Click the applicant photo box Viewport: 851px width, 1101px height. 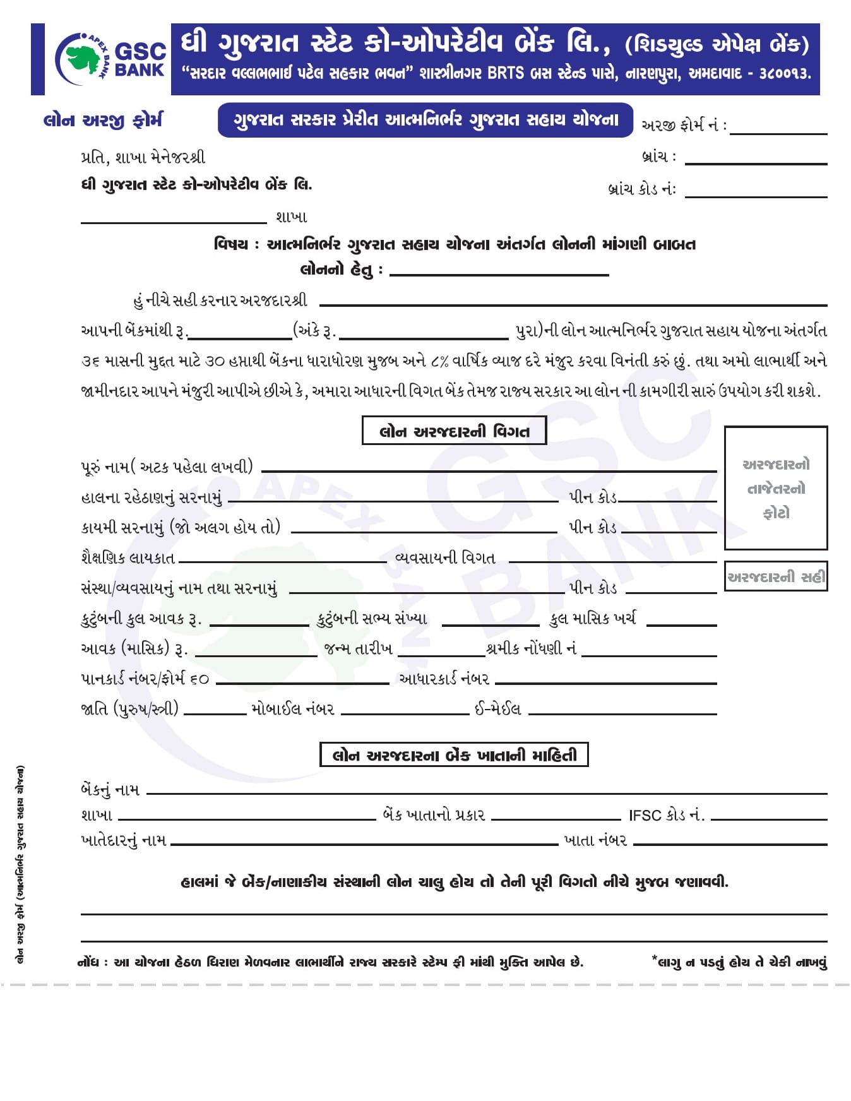click(x=775, y=487)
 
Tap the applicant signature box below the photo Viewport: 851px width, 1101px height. click(x=775, y=576)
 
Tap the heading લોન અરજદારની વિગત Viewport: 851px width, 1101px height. click(x=454, y=431)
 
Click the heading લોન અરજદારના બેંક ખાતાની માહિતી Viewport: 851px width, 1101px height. click(x=454, y=755)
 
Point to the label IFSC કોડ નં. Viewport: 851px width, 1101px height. click(x=666, y=815)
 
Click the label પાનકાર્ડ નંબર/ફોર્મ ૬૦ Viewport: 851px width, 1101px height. click(x=145, y=679)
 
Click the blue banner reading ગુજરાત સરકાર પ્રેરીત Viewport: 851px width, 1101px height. click(x=425, y=120)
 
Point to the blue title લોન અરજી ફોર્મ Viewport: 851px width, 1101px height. click(x=103, y=120)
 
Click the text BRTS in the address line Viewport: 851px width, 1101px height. click(x=505, y=73)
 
